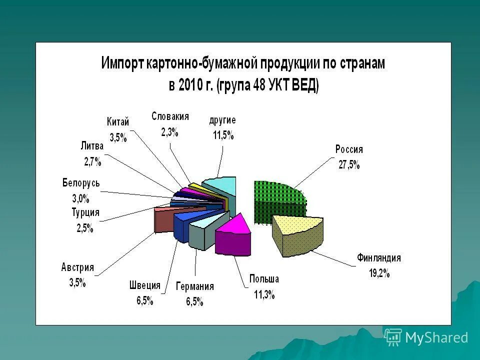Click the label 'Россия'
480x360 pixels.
pos(348,149)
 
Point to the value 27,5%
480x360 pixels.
pos(348,164)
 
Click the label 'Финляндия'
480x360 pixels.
pos(378,258)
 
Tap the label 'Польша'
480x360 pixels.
pos(264,279)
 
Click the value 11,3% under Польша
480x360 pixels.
pos(264,294)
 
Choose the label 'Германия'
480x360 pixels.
pos(194,286)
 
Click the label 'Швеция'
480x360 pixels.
pos(144,285)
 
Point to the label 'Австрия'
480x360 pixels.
pos(77,267)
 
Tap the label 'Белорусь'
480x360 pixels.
pos(81,183)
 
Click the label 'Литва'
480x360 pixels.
pos(91,146)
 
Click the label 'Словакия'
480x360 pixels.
pos(170,116)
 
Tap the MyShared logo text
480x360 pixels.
pos(436,337)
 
